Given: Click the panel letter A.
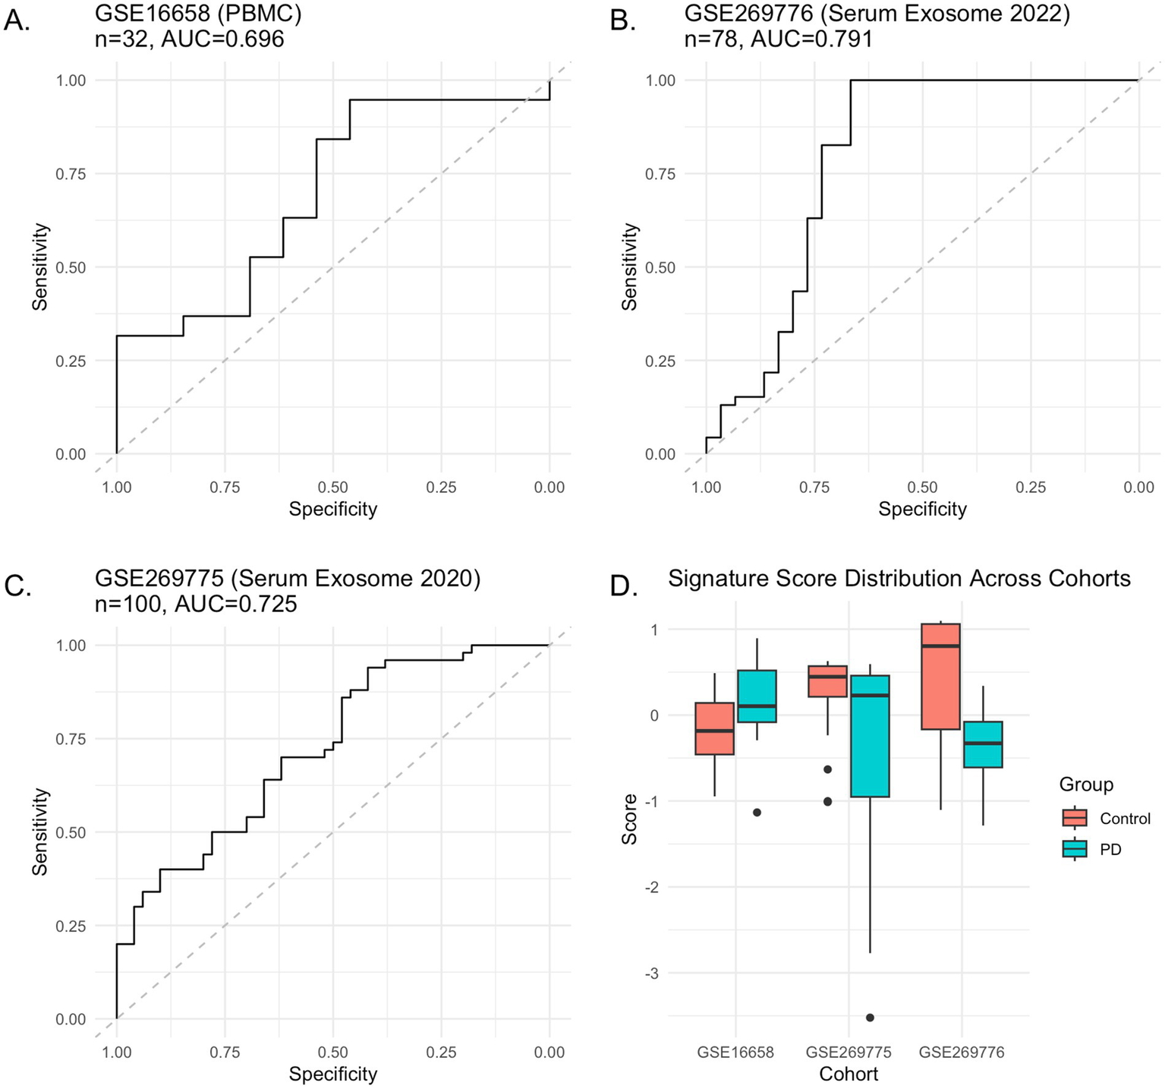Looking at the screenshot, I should pyautogui.click(x=17, y=21).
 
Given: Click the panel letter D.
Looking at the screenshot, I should pyautogui.click(x=623, y=586).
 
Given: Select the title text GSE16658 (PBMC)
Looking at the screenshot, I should pyautogui.click(x=187, y=13).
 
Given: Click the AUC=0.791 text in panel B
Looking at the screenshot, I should pyautogui.click(x=811, y=38).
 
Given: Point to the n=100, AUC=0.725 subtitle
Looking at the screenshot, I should pyautogui.click(x=196, y=604).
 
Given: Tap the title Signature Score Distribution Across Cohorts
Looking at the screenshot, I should pyautogui.click(x=899, y=579).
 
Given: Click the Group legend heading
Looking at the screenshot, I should pyautogui.click(x=1086, y=784).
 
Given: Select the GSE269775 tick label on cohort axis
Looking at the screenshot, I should pyautogui.click(x=848, y=1053).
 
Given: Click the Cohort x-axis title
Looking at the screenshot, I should pyautogui.click(x=849, y=1074).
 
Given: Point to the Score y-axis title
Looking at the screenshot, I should pyautogui.click(x=629, y=819).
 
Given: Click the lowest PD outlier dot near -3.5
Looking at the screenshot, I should pyautogui.click(x=870, y=1017).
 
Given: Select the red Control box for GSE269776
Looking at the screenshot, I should pyautogui.click(x=940, y=676).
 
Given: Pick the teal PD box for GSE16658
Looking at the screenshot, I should pyautogui.click(x=757, y=696).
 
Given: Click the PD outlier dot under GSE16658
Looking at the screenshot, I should pyautogui.click(x=757, y=812).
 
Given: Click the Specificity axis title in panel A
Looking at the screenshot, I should pyautogui.click(x=332, y=509).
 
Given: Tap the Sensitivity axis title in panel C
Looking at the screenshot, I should pyautogui.click(x=40, y=832).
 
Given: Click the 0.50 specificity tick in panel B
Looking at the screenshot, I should pyautogui.click(x=922, y=488).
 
